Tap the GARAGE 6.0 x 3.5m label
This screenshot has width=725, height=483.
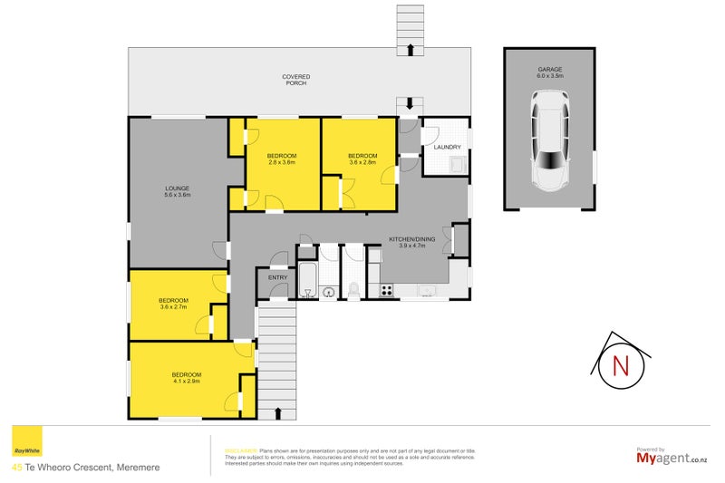pyautogui.click(x=550, y=72)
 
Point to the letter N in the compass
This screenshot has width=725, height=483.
pyautogui.click(x=621, y=366)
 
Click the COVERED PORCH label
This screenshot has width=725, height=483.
pyautogui.click(x=295, y=80)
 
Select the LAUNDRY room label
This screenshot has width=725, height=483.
pyautogui.click(x=448, y=147)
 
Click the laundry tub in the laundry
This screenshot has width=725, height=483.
pyautogui.click(x=458, y=164)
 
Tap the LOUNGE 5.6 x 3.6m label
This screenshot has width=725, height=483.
pyautogui.click(x=177, y=191)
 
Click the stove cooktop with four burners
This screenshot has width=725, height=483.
pyautogui.click(x=386, y=291)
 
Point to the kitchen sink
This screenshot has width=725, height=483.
pyautogui.click(x=428, y=291)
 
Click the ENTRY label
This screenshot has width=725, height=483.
pyautogui.click(x=276, y=278)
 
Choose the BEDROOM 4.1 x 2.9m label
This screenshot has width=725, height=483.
pyautogui.click(x=186, y=378)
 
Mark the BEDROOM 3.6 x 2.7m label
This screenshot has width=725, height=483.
pyautogui.click(x=173, y=304)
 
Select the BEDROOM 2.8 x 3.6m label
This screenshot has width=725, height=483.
pyautogui.click(x=281, y=159)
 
